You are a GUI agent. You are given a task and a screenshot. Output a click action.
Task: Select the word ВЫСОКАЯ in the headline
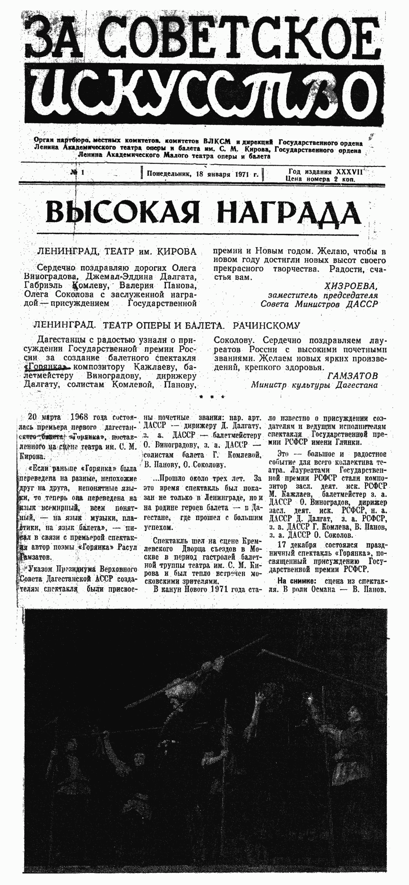pos(122,213)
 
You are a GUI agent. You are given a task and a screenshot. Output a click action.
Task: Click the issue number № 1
pos(78,173)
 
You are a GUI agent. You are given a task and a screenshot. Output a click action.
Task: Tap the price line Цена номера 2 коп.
pos(320,179)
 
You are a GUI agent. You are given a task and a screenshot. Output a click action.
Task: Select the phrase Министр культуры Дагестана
pos(314,385)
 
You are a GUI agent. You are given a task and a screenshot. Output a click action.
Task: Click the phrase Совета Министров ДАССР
pos(319,304)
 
